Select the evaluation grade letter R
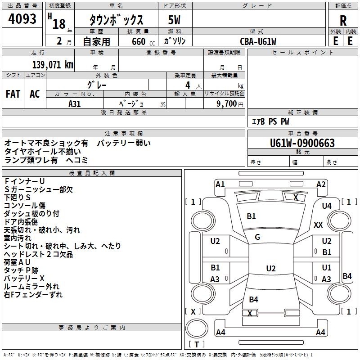[343, 21]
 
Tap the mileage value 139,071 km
[53, 65]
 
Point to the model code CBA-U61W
[258, 41]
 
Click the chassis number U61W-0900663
[302, 144]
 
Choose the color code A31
[75, 103]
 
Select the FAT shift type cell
[13, 94]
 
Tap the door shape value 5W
[175, 21]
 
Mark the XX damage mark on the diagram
[318, 225]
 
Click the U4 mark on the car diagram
[327, 206]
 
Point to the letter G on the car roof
[257, 237]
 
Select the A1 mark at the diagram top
[220, 184]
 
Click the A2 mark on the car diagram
[321, 184]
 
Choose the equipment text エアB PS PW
[270, 121]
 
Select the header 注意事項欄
[123, 134]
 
